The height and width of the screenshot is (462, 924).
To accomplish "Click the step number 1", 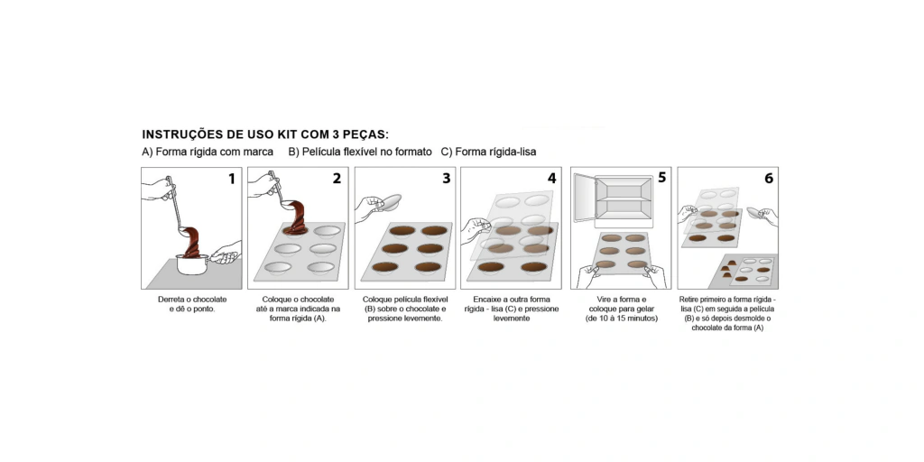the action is click(x=232, y=178).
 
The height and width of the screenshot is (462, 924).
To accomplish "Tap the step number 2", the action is click(x=337, y=178).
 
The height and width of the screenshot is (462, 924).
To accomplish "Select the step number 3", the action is click(x=446, y=178).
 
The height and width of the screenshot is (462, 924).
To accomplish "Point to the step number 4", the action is click(x=551, y=178).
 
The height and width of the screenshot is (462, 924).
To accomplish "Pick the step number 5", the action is click(x=661, y=177).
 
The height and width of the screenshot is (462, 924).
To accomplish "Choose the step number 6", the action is click(x=769, y=178).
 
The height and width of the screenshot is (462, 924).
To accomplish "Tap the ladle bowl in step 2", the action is click(x=290, y=205).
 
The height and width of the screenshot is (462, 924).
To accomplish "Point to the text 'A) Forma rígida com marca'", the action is click(x=208, y=152).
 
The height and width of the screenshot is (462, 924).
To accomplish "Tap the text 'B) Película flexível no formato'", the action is click(x=360, y=152).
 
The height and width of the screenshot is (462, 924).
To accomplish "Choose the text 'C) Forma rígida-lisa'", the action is click(x=488, y=152).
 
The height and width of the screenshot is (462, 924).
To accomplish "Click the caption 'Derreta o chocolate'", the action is click(x=192, y=300).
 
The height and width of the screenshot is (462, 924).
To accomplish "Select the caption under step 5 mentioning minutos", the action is click(x=621, y=319).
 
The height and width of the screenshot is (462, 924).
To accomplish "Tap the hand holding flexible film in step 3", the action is click(x=368, y=208).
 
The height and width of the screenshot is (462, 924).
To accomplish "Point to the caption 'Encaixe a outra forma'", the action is click(x=512, y=300).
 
